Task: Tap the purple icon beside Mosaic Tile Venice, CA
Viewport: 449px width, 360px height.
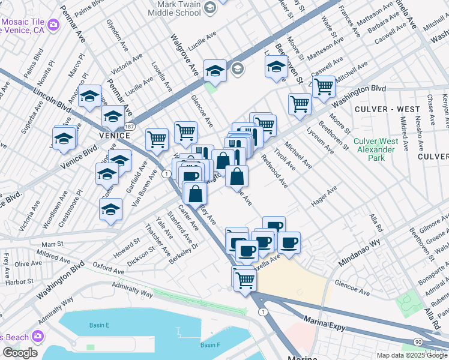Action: [x=54, y=25]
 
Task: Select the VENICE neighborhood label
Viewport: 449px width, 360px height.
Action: [x=98, y=136]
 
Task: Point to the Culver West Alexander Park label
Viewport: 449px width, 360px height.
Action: [x=376, y=150]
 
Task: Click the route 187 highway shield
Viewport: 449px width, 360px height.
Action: [x=130, y=127]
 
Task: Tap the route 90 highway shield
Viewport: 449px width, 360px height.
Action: [x=416, y=341]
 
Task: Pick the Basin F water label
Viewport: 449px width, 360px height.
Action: [x=210, y=345]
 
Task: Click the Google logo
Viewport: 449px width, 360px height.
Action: [x=20, y=352]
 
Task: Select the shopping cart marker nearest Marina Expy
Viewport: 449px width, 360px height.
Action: [x=245, y=279]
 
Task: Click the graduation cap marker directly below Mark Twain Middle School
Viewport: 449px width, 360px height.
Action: [x=215, y=71]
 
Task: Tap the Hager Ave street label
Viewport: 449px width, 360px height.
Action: [x=324, y=196]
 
